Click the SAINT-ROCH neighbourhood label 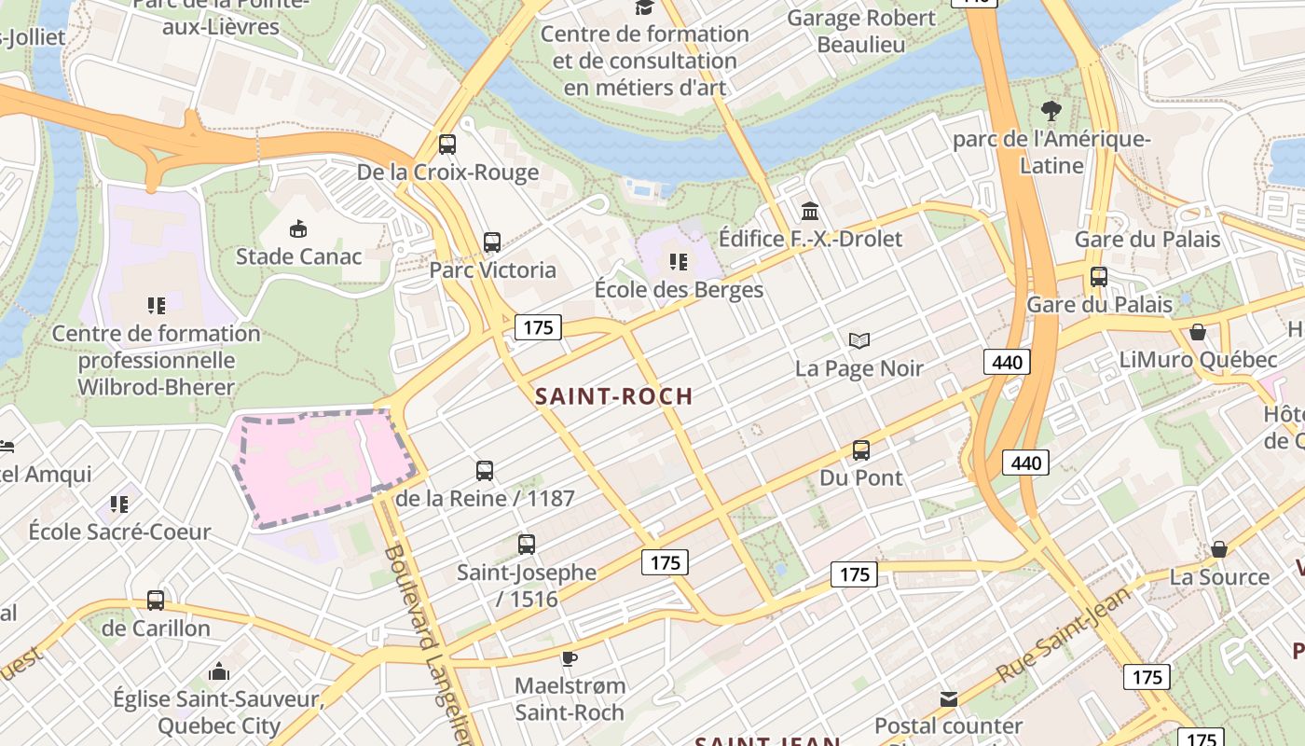click(614, 395)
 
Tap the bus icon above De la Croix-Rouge click(447, 145)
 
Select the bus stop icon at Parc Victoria click(492, 242)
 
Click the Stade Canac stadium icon click(298, 228)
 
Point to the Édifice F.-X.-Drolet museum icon click(809, 211)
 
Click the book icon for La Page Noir click(859, 340)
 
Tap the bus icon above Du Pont click(861, 450)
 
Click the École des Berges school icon click(679, 262)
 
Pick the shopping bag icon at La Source click(1219, 549)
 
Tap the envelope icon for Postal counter click(948, 698)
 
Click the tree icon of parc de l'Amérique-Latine click(1051, 111)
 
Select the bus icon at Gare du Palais click(1099, 277)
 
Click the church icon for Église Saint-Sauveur click(219, 670)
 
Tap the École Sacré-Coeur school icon click(119, 504)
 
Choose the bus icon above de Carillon click(156, 601)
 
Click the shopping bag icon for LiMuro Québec click(1198, 332)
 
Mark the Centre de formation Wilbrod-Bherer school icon click(156, 305)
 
